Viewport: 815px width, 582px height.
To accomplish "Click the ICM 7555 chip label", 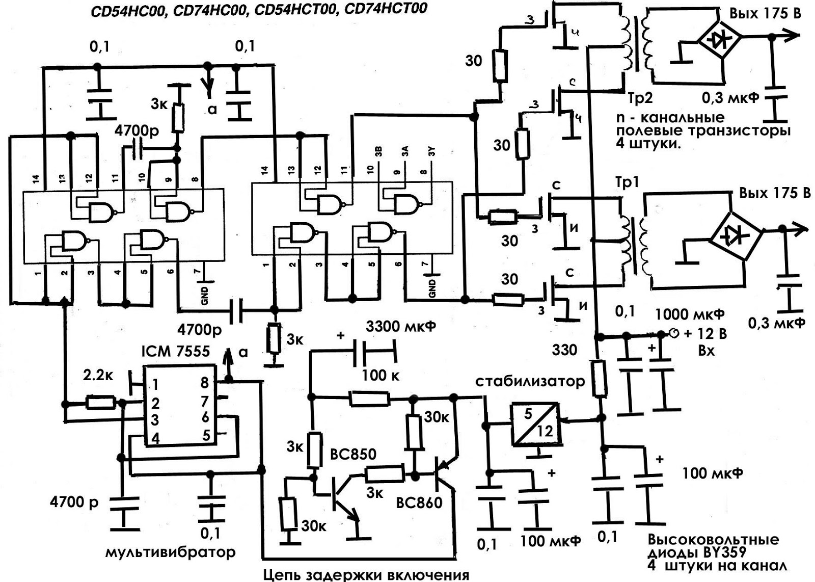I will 175,351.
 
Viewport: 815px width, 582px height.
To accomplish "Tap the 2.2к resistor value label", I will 99,376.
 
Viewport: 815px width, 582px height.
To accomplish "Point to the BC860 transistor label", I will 420,503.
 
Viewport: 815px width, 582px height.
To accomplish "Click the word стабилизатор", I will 530,381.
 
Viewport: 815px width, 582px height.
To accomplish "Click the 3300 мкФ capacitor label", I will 401,327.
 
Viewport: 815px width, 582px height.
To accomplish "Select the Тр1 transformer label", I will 627,182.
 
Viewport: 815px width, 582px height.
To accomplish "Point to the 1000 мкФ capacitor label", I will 689,314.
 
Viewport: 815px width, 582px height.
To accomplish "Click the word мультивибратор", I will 171,552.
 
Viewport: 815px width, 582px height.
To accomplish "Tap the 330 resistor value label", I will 564,350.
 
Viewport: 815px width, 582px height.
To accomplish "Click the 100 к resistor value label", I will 381,376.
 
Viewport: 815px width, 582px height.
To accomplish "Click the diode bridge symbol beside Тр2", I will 719,37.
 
